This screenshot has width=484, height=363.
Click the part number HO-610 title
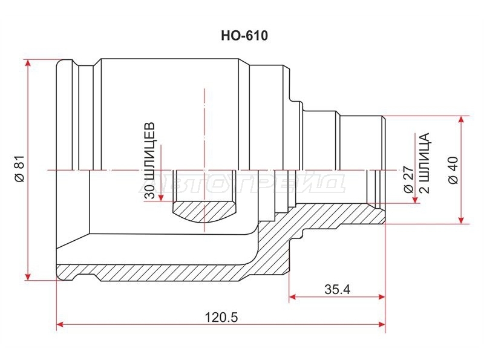click(244, 36)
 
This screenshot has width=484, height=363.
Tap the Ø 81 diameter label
click(19, 169)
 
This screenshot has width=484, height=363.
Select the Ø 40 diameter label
click(453, 171)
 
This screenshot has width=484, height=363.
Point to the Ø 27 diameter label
click(408, 180)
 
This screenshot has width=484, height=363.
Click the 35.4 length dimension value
click(338, 290)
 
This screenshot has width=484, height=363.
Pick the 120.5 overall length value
click(221, 317)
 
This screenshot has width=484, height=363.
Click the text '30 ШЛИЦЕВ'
click(149, 161)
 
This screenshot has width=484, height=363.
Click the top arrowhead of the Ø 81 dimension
click(28, 63)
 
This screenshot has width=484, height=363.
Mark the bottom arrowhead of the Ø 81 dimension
click(28, 276)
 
